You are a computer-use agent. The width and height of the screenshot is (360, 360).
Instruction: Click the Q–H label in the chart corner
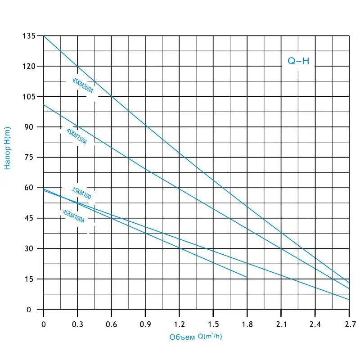click(x=298, y=61)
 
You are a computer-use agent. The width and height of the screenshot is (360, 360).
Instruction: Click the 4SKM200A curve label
click(x=82, y=85)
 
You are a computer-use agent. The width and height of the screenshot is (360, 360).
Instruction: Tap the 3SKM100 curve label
click(x=81, y=193)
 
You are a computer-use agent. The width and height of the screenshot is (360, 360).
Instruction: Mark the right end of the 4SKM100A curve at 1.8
click(x=247, y=277)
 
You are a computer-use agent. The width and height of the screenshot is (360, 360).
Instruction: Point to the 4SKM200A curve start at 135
click(x=44, y=36)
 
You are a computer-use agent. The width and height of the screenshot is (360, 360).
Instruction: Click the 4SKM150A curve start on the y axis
click(x=44, y=105)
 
